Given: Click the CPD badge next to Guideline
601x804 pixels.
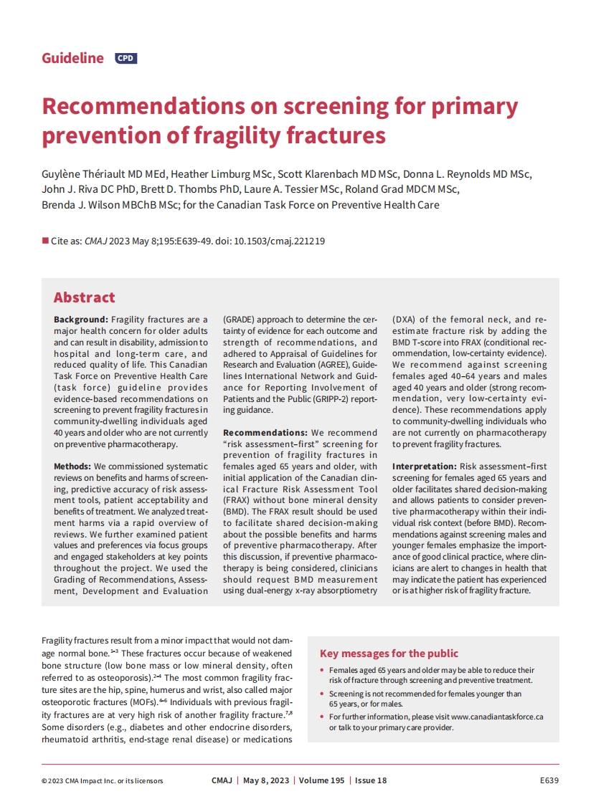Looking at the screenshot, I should tap(126, 59).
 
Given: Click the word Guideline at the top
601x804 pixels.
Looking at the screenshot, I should tap(72, 59).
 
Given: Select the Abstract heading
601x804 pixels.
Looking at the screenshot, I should tap(84, 297).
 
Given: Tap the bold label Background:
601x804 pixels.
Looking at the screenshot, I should tap(81, 320).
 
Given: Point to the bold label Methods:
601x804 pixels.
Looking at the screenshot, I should tap(72, 466).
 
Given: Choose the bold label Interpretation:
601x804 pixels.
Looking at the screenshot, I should tap(424, 466).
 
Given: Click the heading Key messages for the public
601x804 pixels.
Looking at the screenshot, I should tap(389, 654).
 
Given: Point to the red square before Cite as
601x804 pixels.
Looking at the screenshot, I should tap(44, 241).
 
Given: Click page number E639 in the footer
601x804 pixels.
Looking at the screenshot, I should tap(549, 780).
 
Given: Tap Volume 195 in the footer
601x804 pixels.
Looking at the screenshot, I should tap(322, 780).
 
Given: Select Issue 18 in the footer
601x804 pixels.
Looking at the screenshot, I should tap(371, 780).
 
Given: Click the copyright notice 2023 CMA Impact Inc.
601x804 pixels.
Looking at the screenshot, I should tap(102, 780).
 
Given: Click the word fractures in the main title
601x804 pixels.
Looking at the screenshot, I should tap(336, 135).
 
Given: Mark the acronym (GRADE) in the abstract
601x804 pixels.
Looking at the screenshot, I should tap(245, 320).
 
